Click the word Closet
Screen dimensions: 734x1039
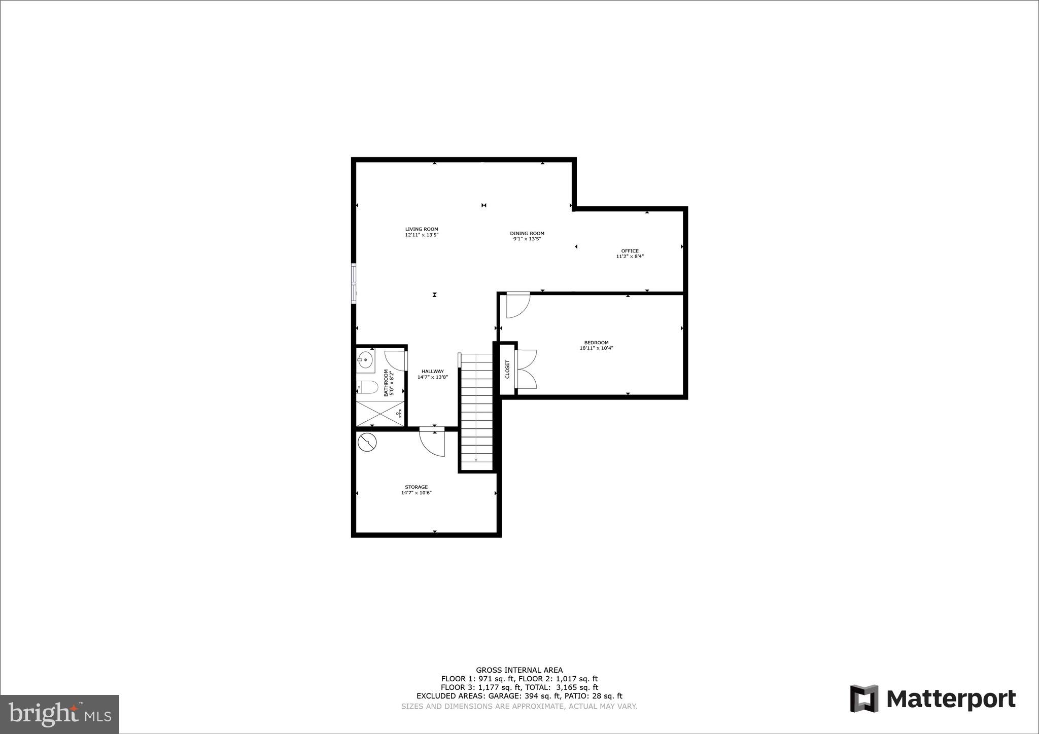click(507, 369)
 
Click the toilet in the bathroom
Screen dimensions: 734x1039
click(367, 388)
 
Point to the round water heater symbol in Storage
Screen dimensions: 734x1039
click(367, 443)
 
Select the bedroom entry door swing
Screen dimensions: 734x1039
click(517, 306)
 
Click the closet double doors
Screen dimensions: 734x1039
click(526, 369)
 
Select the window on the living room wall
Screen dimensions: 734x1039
click(354, 283)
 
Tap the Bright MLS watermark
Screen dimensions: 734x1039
click(59, 714)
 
